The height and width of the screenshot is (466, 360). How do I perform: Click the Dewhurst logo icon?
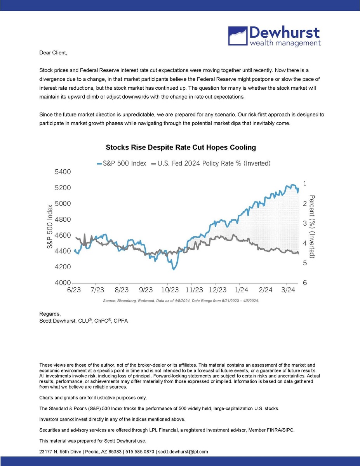click(x=237, y=36)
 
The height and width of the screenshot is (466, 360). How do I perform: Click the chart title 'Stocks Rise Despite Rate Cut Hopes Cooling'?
click(x=181, y=148)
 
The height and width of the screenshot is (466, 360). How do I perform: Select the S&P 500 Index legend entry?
click(x=121, y=163)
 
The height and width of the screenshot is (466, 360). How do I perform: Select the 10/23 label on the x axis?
click(x=170, y=290)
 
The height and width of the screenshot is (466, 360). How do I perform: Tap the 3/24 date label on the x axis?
click(x=287, y=290)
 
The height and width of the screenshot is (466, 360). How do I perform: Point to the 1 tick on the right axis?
click(x=305, y=183)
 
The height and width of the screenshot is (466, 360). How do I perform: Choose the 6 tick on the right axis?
click(x=305, y=283)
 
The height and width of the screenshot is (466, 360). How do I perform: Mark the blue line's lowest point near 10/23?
click(x=173, y=269)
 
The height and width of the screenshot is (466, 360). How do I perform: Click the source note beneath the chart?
click(x=181, y=301)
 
